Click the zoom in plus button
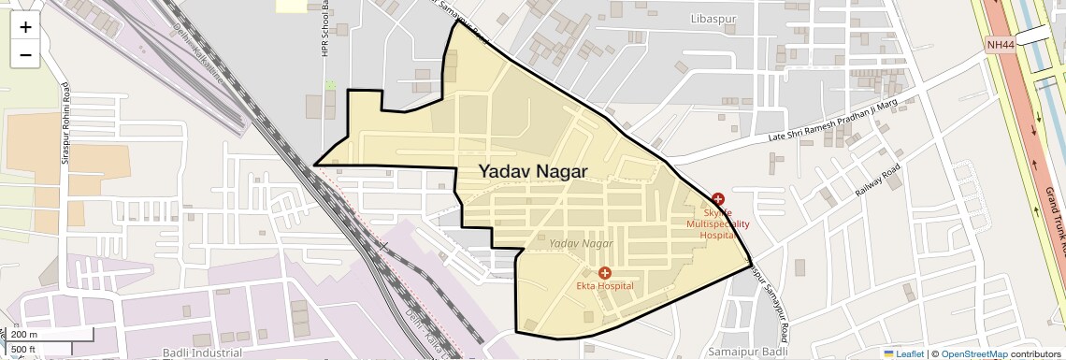pos(25,27)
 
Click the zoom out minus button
pos(25,54)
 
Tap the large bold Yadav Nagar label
pos(533,171)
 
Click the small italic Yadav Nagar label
pos(581,243)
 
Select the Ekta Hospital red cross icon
pos(604,272)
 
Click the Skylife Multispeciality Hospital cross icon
pos(717,199)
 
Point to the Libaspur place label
pos(714,19)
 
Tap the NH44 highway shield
pos(998,44)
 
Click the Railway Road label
pos(876,180)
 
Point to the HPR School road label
pos(326,28)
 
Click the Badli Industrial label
pos(202,353)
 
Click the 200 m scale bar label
pos(24,335)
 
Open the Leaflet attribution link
pos(903,354)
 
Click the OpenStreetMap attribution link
pos(973,354)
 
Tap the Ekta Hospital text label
pos(604,285)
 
